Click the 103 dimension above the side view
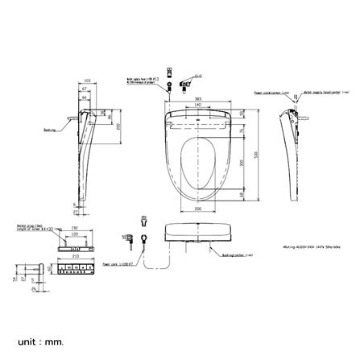point(87,81)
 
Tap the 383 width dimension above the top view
point(197,97)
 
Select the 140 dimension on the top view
point(197,105)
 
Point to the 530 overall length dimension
point(257,155)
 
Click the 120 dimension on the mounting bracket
point(75,234)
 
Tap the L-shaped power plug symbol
point(126,239)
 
